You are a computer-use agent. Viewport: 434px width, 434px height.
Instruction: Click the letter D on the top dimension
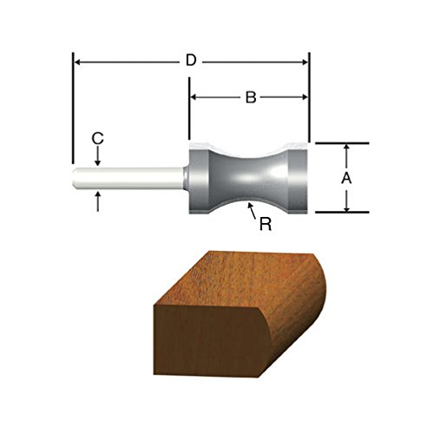coord(191,62)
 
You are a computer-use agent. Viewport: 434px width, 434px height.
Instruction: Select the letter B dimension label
coord(249,98)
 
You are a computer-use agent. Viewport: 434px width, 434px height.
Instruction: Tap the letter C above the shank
coord(98,137)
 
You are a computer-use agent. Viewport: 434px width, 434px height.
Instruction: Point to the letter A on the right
coord(347,177)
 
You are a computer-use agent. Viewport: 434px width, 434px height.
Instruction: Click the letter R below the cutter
coord(266,223)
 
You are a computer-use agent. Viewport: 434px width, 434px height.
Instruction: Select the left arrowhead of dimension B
coord(194,98)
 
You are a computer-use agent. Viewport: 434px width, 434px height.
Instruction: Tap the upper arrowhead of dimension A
coord(347,148)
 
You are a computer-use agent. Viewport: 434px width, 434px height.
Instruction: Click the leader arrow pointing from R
coord(250,207)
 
